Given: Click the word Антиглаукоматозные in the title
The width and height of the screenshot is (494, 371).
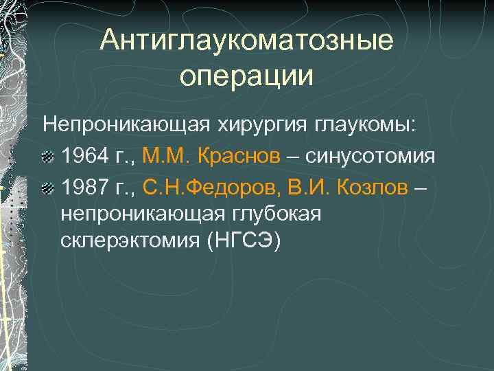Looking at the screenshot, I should [246, 41].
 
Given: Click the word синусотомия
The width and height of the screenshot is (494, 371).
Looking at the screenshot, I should [370, 156].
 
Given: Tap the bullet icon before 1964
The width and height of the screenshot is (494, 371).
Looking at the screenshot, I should [49, 157].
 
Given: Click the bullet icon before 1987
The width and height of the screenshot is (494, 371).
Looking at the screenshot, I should [49, 189].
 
